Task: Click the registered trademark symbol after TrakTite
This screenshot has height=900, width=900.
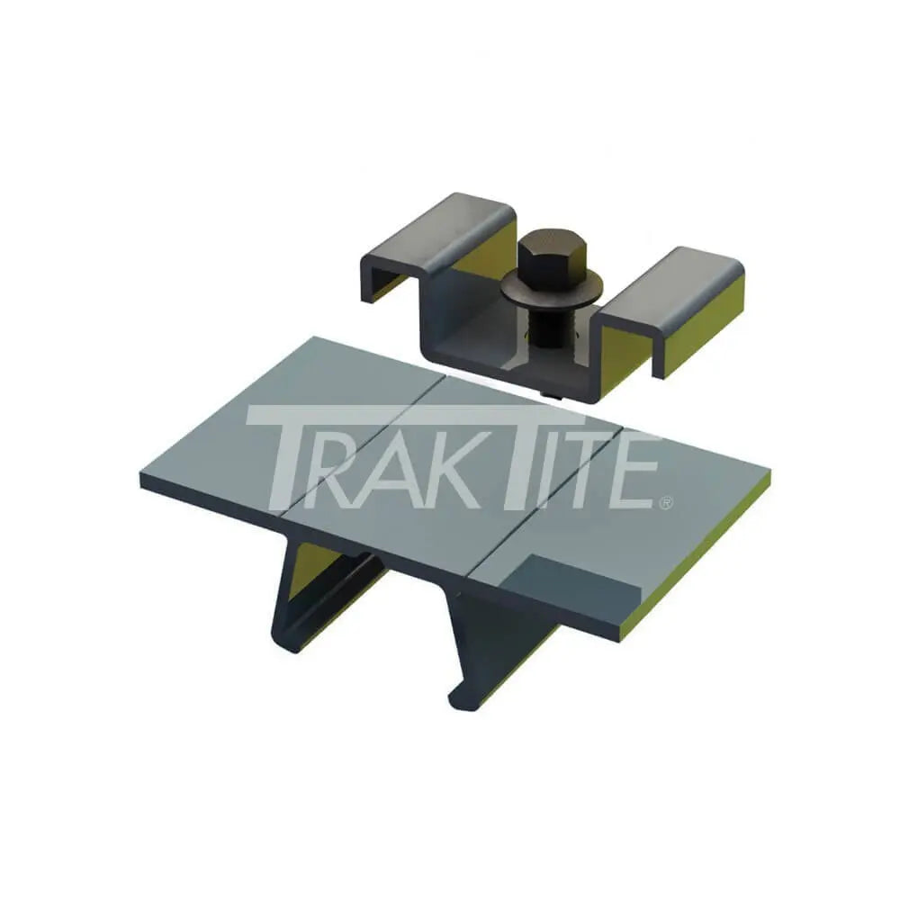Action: [x=665, y=504]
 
